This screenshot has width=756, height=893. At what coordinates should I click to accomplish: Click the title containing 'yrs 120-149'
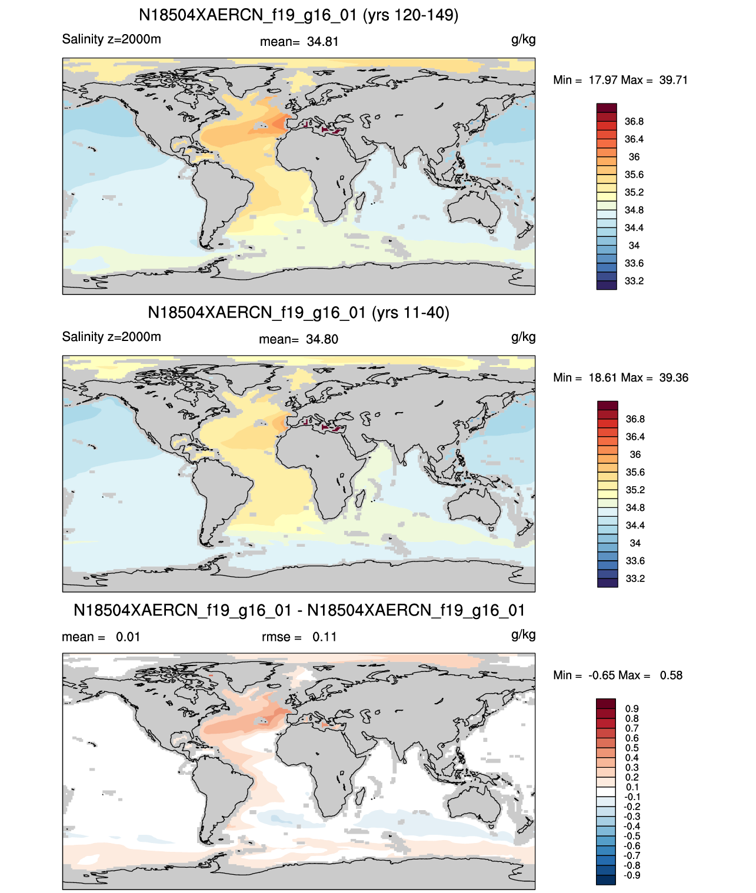[298, 15]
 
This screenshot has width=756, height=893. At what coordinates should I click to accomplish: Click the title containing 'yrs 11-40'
[298, 313]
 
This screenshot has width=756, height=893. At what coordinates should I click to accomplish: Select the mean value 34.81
[322, 42]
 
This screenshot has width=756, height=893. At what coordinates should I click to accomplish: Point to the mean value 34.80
[322, 340]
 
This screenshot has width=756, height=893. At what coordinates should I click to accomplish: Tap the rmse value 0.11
[324, 637]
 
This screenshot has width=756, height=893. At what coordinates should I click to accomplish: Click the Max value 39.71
[673, 80]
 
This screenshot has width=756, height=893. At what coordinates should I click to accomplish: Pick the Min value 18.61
[602, 377]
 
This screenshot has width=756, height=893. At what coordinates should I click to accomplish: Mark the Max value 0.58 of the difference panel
[671, 675]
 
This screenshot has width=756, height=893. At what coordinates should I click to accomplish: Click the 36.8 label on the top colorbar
[634, 122]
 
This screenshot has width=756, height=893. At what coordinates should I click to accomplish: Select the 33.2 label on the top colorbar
[634, 281]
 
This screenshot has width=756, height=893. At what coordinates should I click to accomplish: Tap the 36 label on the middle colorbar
[635, 454]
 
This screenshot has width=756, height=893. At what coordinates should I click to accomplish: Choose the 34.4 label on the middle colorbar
[635, 526]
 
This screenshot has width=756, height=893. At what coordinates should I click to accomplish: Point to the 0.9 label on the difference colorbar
[632, 709]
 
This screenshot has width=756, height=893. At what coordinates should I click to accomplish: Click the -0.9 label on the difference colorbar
[631, 876]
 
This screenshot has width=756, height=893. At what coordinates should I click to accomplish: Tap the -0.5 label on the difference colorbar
[631, 837]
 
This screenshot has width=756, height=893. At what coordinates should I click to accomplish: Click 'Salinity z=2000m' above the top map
[112, 39]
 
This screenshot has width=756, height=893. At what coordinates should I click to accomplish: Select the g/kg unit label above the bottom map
[523, 635]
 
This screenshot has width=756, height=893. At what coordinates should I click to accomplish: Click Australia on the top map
[474, 210]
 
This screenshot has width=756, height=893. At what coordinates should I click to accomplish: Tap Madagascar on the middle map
[359, 498]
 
